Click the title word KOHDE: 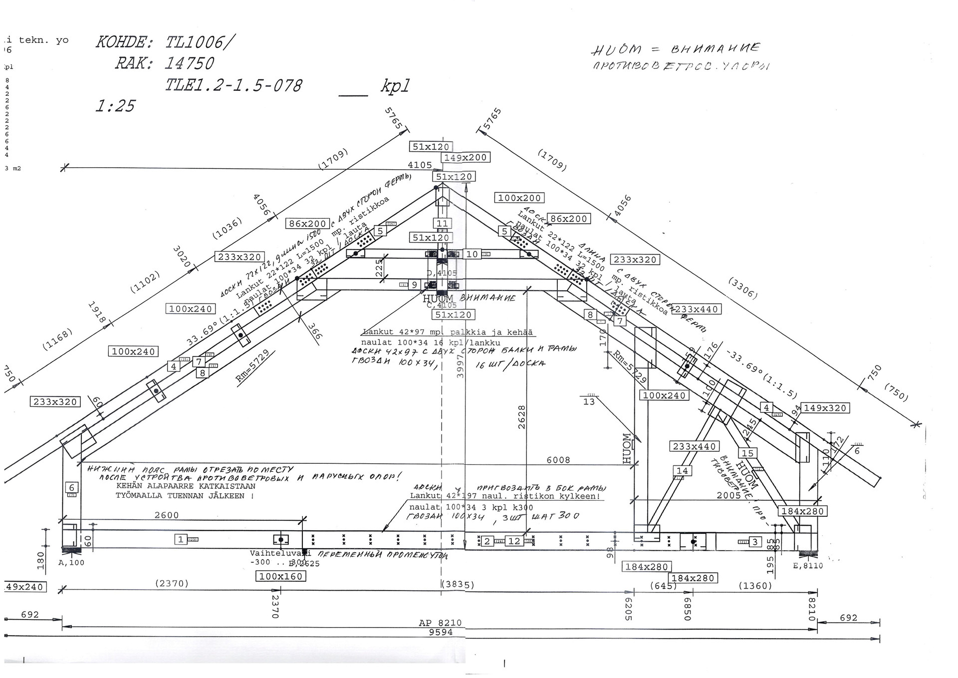tap(124, 42)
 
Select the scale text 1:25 tap(115, 106)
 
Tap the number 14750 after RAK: tap(189, 63)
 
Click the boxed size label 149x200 tap(465, 157)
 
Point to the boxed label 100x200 tap(519, 198)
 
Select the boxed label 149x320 tap(825, 408)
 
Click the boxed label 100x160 tap(281, 576)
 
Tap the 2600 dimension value tap(167, 515)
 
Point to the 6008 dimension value tap(558, 460)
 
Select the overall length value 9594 tap(441, 632)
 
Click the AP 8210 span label tap(440, 623)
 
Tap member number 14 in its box tap(682, 470)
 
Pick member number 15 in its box tap(747, 453)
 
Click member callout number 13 tap(589, 401)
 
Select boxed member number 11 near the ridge tap(442, 223)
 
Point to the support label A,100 tap(71, 563)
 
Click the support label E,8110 tap(808, 566)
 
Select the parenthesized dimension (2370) tap(172, 583)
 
